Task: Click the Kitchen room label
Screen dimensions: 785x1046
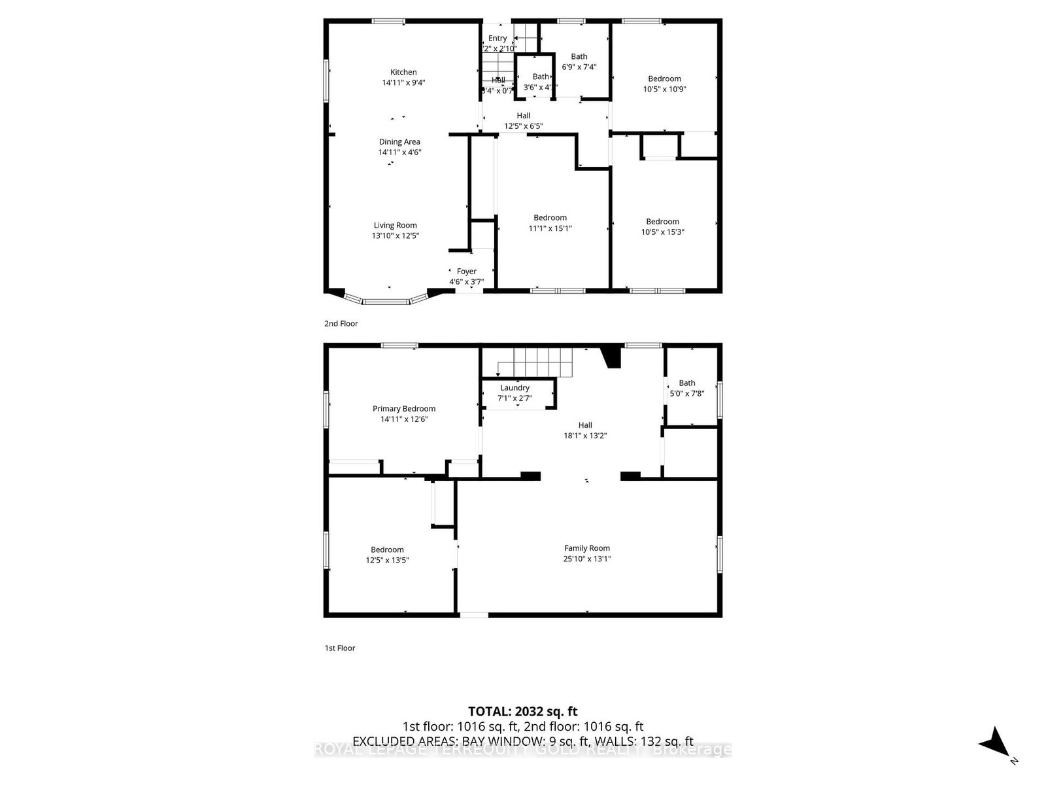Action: (403, 73)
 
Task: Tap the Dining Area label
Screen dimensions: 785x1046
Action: (399, 142)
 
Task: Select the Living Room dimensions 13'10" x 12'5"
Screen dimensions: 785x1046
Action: (396, 235)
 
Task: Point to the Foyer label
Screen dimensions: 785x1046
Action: (466, 271)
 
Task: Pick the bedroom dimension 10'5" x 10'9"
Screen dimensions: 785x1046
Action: (664, 89)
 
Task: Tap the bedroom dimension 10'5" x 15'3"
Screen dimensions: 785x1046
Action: (662, 232)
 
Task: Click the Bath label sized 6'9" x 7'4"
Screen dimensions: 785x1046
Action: (579, 57)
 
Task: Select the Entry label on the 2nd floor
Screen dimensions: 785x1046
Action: (498, 39)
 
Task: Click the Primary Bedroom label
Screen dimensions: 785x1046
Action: (404, 409)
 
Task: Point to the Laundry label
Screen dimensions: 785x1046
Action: (515, 388)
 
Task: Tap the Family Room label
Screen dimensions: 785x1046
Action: (587, 548)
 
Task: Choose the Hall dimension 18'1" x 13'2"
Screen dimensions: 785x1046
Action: (585, 435)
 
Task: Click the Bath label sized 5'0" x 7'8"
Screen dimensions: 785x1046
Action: (687, 383)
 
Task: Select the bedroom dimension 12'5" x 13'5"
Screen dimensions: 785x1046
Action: (387, 560)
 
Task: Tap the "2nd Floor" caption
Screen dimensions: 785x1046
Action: (341, 324)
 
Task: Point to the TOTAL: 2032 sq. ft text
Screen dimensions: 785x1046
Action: (523, 711)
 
